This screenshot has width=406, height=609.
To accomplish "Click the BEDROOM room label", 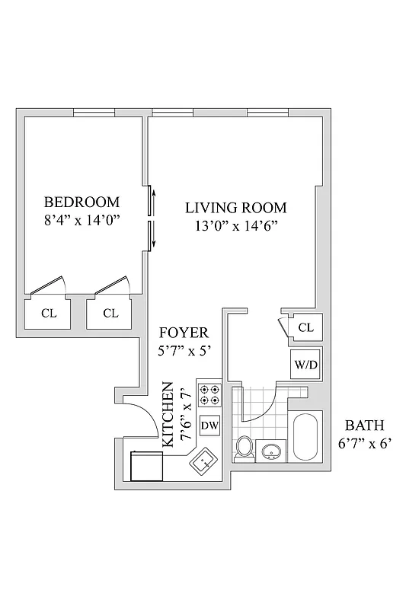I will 82,202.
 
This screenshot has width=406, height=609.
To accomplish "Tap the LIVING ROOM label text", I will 236,207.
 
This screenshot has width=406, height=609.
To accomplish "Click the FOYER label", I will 183,333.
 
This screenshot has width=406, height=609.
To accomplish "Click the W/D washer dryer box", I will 305,365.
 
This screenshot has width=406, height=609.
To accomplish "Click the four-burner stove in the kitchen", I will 209,396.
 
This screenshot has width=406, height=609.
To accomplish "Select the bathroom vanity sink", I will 272,453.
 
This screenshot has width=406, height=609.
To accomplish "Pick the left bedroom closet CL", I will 48,312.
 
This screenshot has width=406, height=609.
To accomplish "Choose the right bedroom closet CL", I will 110,312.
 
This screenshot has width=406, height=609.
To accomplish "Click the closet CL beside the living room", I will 305,327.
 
